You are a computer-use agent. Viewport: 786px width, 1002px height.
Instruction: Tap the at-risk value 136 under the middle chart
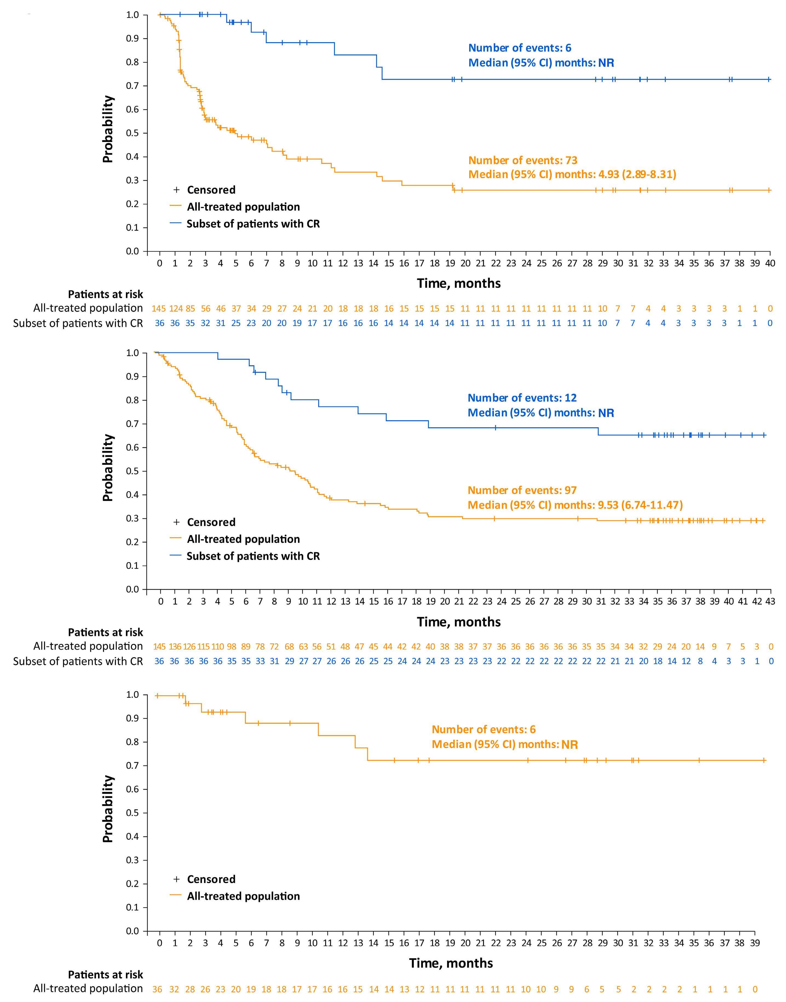[175, 647]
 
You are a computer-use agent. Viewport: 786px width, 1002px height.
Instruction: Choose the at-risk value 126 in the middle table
[189, 647]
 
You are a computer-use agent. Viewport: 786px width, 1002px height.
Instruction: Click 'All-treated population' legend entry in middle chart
[243, 539]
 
